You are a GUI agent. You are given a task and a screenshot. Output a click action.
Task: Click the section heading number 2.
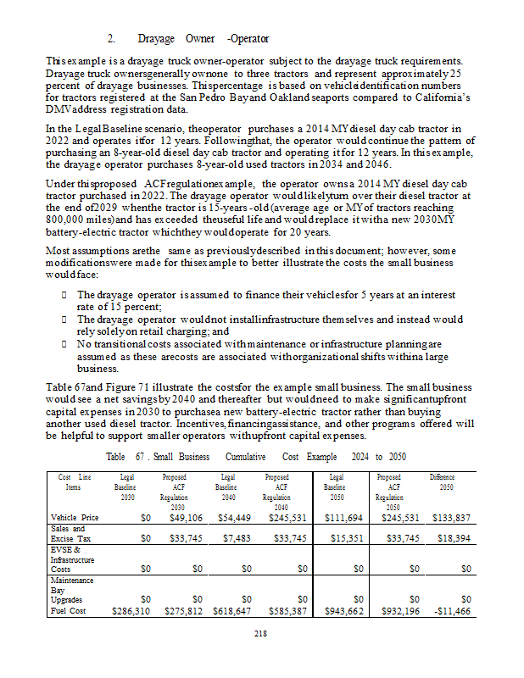(x=110, y=39)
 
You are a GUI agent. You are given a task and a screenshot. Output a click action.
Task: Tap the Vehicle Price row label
(x=75, y=517)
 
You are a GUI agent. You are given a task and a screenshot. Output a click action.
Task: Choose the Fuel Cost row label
(x=69, y=610)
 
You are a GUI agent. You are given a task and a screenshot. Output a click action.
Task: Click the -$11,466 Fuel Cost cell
(x=449, y=610)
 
